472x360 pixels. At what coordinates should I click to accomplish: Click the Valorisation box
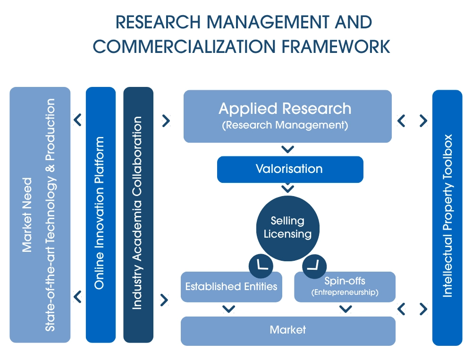(289, 169)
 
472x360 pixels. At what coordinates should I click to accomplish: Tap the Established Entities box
(231, 287)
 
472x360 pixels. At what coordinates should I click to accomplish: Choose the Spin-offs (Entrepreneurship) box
(345, 287)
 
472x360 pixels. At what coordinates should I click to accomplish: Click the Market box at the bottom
(287, 330)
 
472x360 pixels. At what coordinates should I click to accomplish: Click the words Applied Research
(285, 109)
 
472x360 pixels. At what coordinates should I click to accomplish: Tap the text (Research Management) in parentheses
(285, 126)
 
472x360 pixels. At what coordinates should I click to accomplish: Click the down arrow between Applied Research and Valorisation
(287, 150)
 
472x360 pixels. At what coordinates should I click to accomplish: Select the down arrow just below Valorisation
(287, 189)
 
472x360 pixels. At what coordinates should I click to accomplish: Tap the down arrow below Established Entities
(229, 309)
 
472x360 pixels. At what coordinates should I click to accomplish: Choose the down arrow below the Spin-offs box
(346, 309)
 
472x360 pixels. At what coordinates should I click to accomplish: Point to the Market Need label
(27, 214)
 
